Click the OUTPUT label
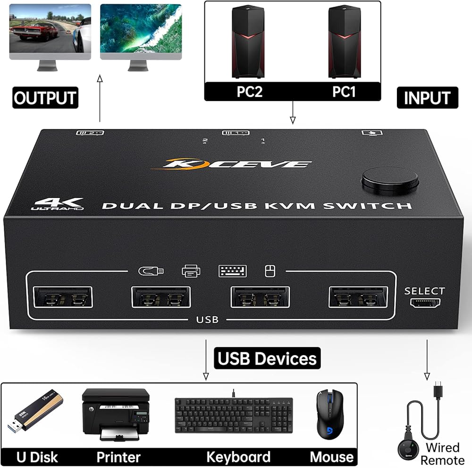coord(45,98)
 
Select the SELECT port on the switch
coord(424,304)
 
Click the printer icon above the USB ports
coord(191,271)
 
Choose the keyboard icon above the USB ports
coord(232,271)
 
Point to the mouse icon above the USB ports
coord(270,271)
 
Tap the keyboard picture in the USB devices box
coord(234,415)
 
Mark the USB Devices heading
coord(267,358)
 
